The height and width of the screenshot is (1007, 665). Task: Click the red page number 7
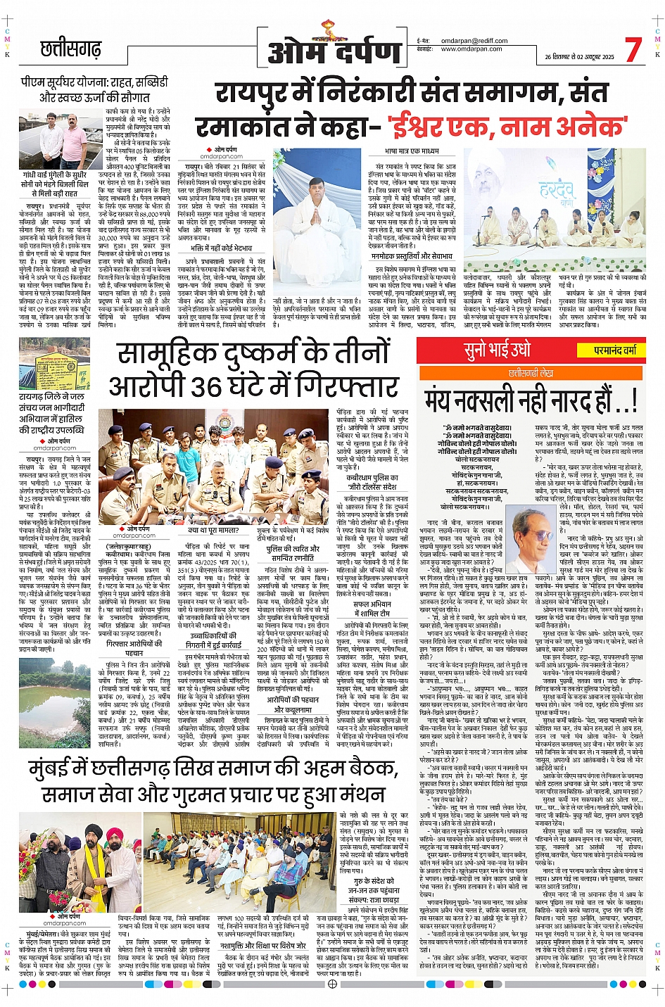pos(633,49)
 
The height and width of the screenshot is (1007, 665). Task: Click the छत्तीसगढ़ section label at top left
pos(70,49)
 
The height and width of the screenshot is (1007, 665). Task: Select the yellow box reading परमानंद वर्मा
pos(615,350)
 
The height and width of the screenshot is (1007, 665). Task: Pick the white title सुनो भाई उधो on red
pos(497,350)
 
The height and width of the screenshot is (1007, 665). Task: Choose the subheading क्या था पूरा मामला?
pos(213,530)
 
